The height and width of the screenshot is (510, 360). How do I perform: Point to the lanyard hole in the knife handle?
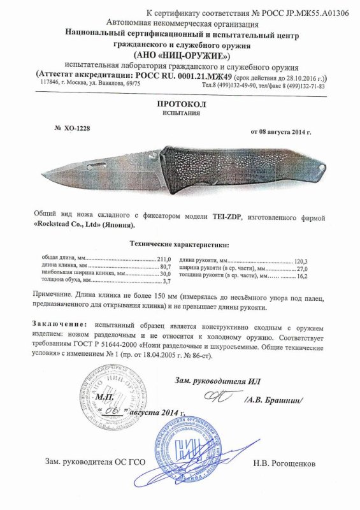tap(322, 168)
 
